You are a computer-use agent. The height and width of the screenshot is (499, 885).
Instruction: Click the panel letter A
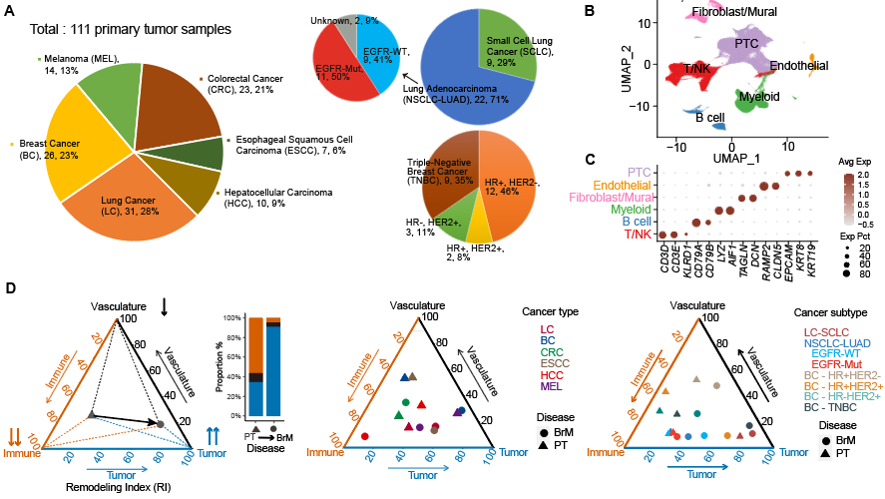tap(13, 11)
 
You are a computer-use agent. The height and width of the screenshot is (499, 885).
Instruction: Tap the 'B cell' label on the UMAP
tap(709, 118)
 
